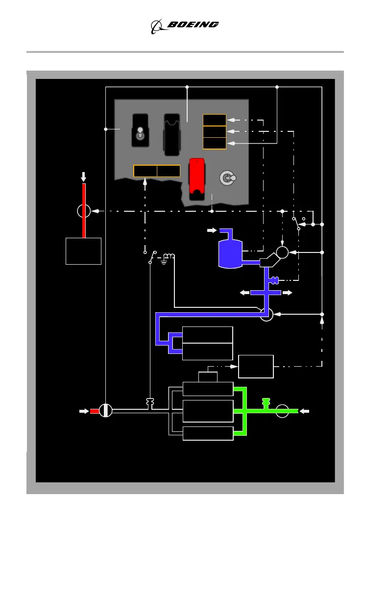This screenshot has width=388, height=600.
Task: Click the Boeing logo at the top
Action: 185,25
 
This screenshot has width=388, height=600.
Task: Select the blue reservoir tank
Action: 230,253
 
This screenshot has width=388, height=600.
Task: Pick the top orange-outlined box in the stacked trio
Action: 215,120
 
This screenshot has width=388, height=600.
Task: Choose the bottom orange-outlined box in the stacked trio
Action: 215,143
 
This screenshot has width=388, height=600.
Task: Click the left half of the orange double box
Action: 145,171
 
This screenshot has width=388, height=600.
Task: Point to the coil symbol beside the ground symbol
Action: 169,256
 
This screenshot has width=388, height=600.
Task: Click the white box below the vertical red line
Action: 83,251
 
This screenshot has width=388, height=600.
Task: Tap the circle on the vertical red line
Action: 84,211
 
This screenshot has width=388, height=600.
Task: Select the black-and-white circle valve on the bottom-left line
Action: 106,411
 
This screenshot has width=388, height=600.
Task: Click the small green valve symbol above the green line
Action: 266,402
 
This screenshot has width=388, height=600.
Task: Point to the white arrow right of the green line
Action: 305,411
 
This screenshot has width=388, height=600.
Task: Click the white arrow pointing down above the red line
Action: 83,176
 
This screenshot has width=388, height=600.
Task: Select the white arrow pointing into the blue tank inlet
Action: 211,230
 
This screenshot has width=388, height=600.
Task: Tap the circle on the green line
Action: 282,411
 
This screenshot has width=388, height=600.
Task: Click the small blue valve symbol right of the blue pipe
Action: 274,280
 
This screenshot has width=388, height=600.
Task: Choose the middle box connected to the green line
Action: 208,411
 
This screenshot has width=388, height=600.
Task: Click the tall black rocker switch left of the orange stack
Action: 172,135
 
